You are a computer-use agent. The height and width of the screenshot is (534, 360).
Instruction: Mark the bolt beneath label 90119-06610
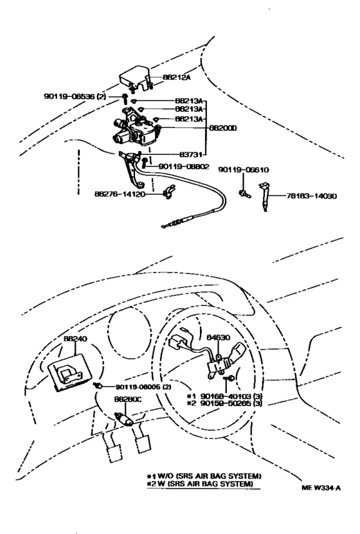pos(243,191)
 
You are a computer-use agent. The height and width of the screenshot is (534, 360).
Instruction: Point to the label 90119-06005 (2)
pos(144,387)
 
